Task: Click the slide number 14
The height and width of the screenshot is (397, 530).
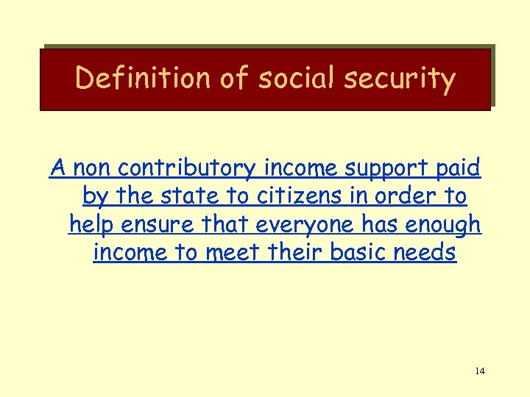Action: [x=480, y=371]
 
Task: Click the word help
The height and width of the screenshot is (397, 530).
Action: [x=93, y=225]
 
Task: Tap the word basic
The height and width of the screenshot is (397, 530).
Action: [x=357, y=253]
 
